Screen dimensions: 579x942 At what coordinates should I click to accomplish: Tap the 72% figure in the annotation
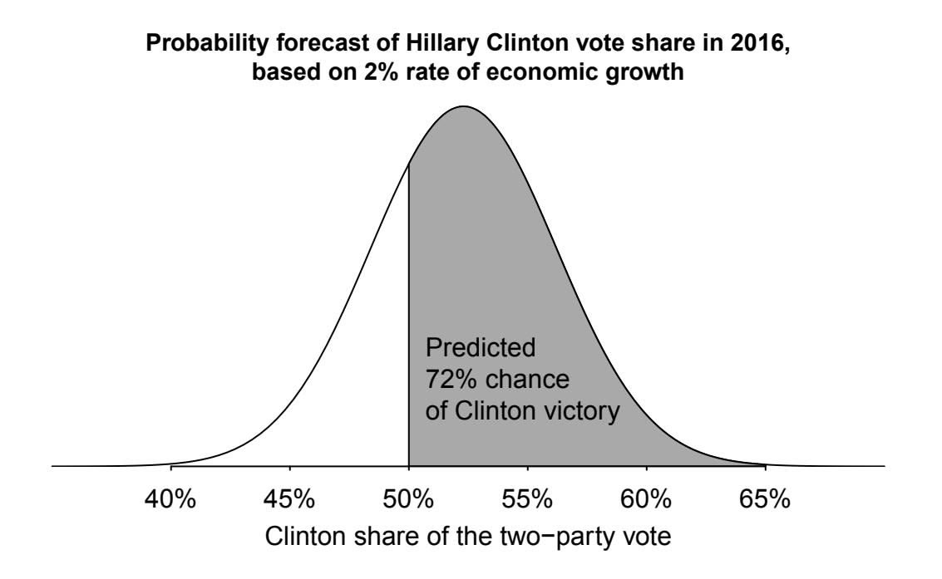[448, 380]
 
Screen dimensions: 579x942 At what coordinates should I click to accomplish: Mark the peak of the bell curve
[463, 106]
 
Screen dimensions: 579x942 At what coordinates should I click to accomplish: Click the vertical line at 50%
[409, 332]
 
